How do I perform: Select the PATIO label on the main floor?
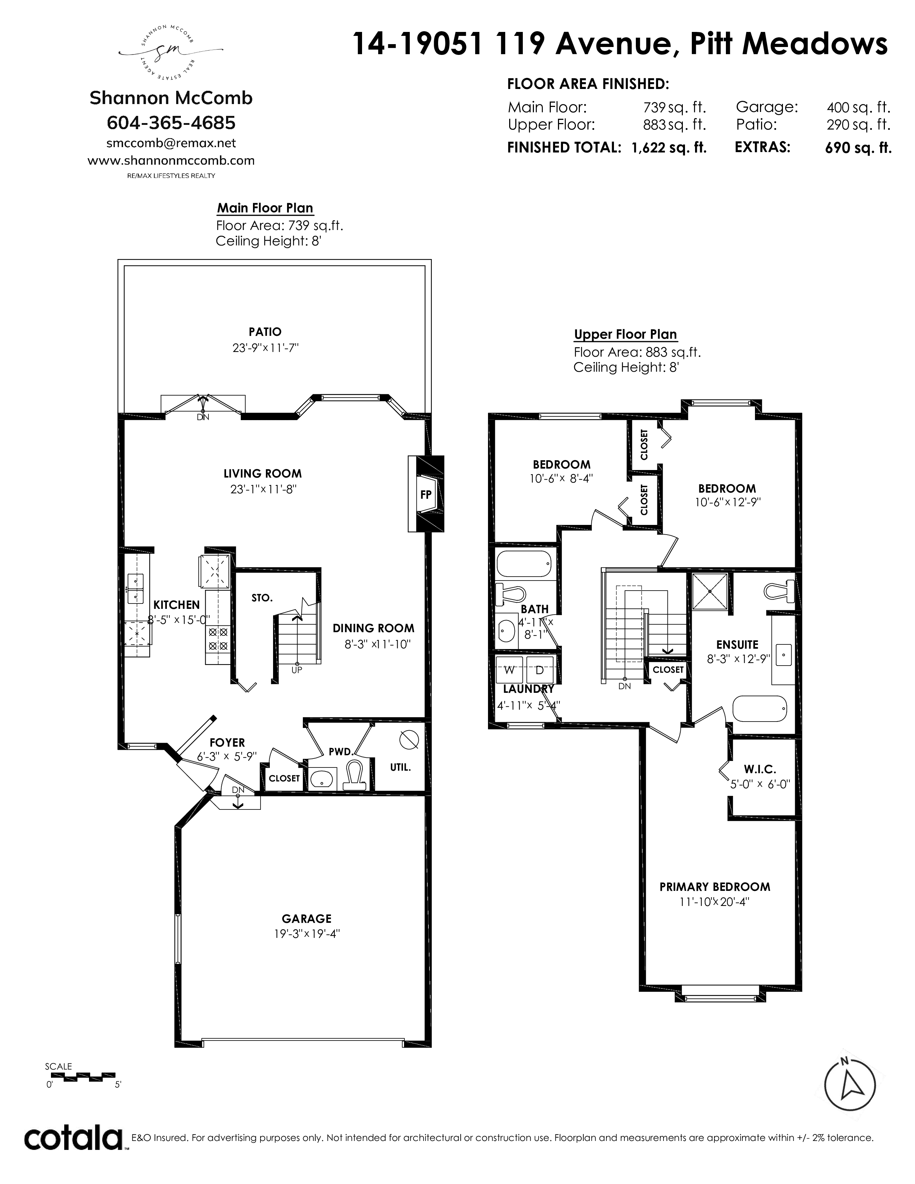point(265,332)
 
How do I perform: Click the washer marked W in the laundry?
point(510,670)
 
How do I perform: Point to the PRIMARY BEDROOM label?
point(715,887)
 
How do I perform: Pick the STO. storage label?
point(262,598)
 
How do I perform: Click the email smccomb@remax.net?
point(171,143)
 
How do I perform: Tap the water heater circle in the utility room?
point(408,739)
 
